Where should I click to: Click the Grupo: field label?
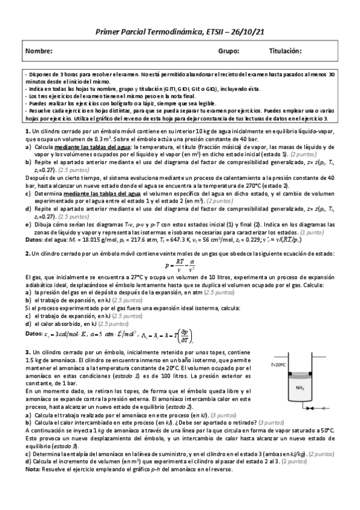click(x=228, y=52)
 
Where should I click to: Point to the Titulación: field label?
click(x=285, y=52)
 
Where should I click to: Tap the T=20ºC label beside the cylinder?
click(x=279, y=364)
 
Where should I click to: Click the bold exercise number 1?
click(x=28, y=131)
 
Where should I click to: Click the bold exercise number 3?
click(x=28, y=351)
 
